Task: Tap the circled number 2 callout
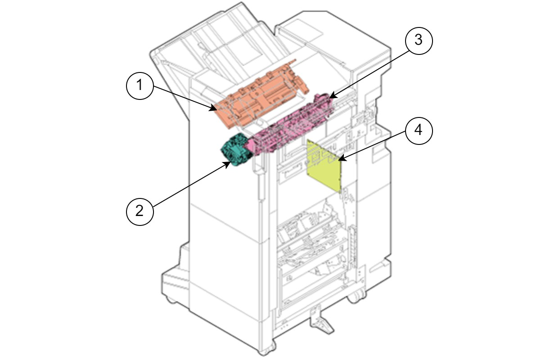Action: point(140,210)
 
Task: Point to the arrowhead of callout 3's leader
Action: point(330,97)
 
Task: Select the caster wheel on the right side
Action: point(357,296)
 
